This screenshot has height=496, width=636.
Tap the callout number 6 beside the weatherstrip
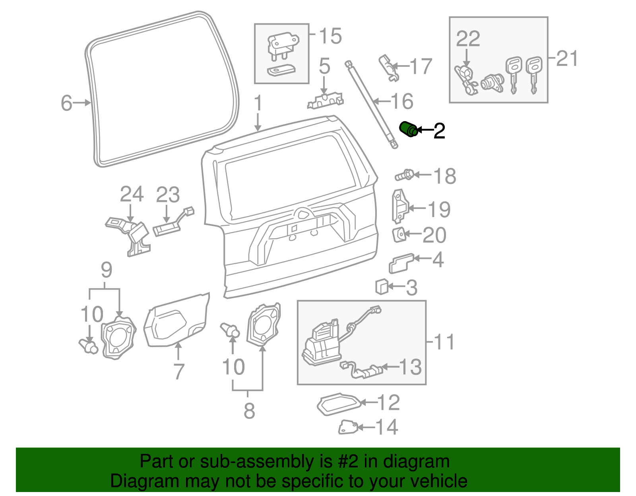[66, 103]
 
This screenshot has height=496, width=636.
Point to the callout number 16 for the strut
[402, 102]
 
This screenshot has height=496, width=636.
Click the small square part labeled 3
[382, 287]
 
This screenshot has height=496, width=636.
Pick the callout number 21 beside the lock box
[567, 59]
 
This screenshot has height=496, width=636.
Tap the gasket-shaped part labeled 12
[339, 404]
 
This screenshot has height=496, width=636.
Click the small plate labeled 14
[348, 427]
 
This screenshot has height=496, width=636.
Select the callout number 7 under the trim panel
[179, 372]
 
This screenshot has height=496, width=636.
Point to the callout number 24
[132, 195]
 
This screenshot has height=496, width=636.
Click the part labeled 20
[399, 235]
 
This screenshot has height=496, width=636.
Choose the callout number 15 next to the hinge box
[330, 36]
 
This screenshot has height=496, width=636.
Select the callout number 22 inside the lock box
[468, 39]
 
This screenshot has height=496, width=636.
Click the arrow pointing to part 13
[390, 367]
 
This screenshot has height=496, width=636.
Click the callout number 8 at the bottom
[249, 411]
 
